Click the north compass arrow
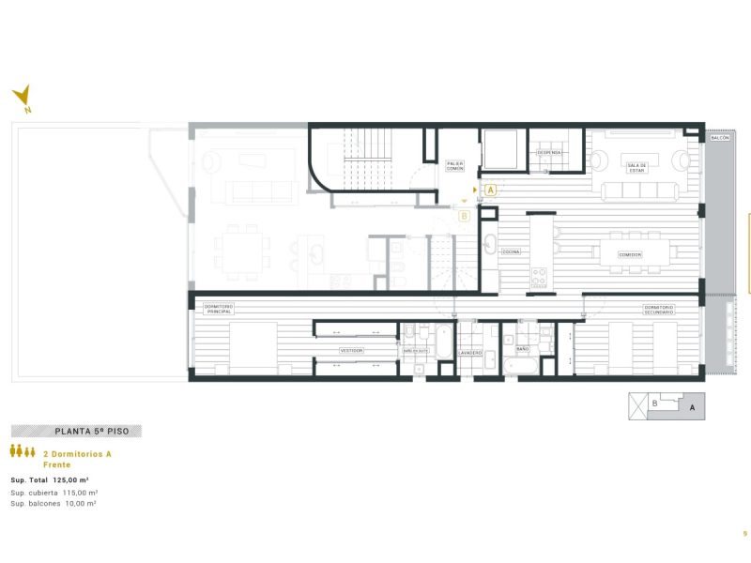tap(23, 96)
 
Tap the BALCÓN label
tap(719, 138)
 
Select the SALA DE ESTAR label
tap(637, 168)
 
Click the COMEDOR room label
tap(629, 254)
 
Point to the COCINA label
tap(511, 252)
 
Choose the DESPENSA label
tap(549, 152)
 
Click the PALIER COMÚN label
tap(455, 167)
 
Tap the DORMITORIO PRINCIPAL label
tap(218, 309)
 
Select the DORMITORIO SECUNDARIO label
tap(659, 309)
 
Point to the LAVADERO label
tap(470, 353)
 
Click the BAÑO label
tap(523, 348)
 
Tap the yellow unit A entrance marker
tap(491, 190)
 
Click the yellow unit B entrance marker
tap(464, 215)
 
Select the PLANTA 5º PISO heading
tap(78, 432)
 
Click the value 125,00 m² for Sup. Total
tap(71, 479)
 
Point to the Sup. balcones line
tap(54, 504)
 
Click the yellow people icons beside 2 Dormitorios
tap(23, 451)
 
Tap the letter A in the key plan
tap(692, 408)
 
